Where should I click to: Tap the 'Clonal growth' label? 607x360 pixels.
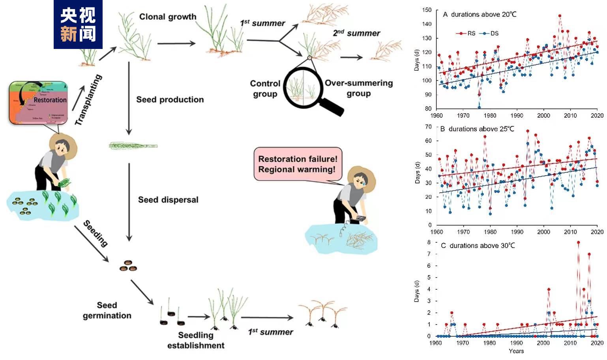point(168,17)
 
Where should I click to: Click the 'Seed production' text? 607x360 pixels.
point(170,99)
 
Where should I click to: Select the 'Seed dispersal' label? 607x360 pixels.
point(168,200)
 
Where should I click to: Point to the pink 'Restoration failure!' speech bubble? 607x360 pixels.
point(298,164)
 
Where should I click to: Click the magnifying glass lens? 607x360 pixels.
point(303,87)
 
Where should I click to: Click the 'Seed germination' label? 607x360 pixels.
point(107,310)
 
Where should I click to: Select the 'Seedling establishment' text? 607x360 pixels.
point(196,340)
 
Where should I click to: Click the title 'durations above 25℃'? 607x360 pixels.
point(481,129)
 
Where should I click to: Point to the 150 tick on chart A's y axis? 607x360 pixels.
point(427,10)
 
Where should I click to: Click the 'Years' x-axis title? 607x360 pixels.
point(516,351)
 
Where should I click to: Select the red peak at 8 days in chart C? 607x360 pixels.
point(578,243)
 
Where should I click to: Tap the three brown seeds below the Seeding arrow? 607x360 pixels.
point(128,266)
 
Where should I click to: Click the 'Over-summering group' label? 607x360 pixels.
point(358,88)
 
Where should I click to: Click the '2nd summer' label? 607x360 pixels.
point(356,33)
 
